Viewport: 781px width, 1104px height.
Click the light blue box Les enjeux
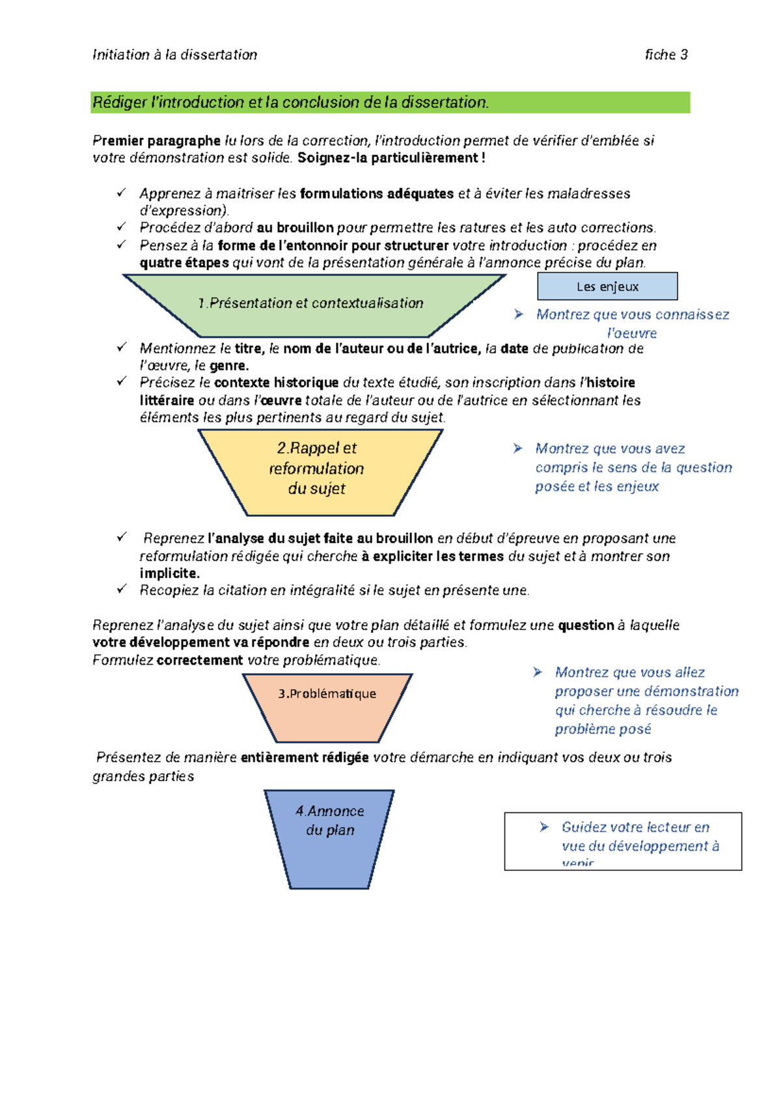coord(607,286)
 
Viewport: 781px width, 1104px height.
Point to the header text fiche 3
coord(666,55)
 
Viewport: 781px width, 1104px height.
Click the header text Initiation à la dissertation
coord(174,55)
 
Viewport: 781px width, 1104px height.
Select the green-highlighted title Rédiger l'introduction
coord(290,102)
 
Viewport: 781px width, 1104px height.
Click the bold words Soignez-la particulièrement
coord(390,158)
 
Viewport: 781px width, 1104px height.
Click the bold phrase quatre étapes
coord(184,263)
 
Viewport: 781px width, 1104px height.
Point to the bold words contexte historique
coord(276,383)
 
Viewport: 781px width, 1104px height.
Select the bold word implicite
coord(169,573)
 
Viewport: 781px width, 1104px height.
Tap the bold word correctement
coord(200,660)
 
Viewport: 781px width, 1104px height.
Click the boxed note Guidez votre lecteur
coord(623,840)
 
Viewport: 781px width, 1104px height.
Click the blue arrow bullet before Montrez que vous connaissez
coord(519,315)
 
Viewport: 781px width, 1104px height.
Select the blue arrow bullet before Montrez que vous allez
coord(538,672)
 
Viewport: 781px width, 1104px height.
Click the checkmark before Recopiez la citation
coord(122,589)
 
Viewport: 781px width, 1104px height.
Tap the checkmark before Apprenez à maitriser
coord(122,193)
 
